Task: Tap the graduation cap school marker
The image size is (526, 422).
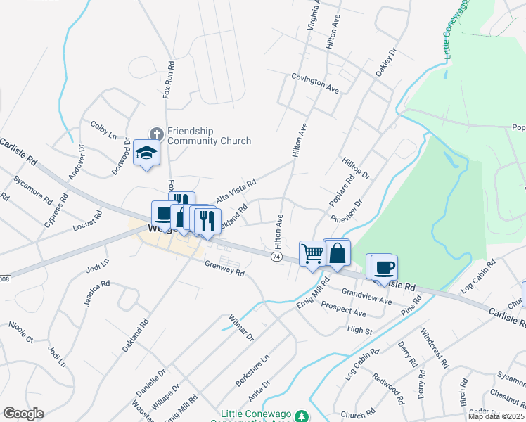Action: pyautogui.click(x=146, y=153)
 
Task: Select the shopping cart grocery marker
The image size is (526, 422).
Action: pyautogui.click(x=312, y=252)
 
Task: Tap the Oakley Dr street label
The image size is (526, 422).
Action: pyautogui.click(x=386, y=62)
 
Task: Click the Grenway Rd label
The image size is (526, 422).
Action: pyautogui.click(x=224, y=268)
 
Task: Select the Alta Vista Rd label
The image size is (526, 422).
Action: pyautogui.click(x=236, y=190)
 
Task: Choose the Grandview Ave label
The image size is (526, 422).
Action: pyautogui.click(x=366, y=295)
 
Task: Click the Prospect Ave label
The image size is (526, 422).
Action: pyautogui.click(x=344, y=309)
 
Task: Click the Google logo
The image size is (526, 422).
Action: pyautogui.click(x=23, y=413)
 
